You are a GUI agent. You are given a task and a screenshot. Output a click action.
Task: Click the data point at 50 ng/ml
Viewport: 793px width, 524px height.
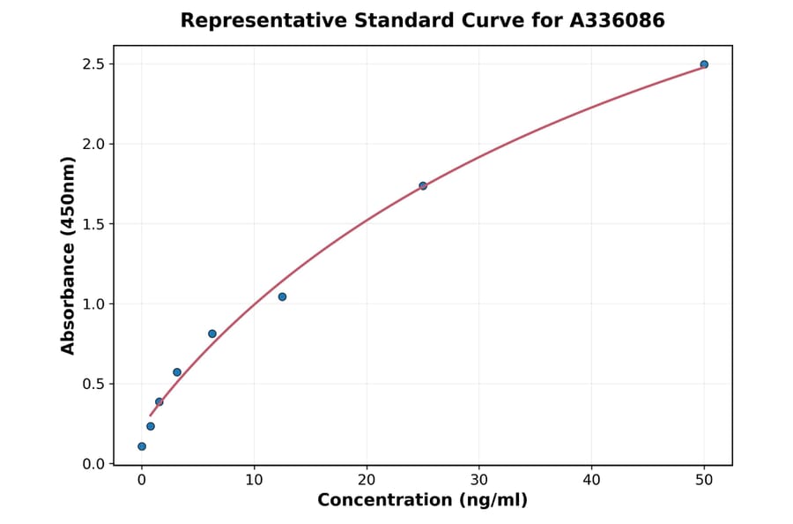pos(704,64)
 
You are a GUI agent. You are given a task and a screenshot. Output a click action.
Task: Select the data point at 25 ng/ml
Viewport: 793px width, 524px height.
pos(423,186)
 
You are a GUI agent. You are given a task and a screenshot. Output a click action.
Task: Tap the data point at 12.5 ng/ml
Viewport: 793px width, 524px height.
pos(282,296)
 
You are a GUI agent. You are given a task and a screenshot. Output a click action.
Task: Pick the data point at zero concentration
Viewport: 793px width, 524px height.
pos(142,446)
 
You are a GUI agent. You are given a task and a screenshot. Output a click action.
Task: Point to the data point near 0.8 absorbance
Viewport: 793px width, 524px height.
pos(212,333)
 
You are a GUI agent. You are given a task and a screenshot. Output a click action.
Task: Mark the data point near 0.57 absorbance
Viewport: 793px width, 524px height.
pos(177,372)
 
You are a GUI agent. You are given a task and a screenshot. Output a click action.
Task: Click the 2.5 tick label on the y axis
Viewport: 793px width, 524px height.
pos(93,64)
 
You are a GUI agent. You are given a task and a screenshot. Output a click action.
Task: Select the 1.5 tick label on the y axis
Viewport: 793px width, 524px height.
pos(93,224)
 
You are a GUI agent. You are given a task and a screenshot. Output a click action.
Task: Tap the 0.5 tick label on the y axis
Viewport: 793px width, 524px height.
pos(93,385)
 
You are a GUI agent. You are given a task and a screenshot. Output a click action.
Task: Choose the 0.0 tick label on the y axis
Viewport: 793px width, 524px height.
pos(93,464)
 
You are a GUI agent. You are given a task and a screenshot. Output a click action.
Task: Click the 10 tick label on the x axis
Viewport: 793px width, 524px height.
pos(254,480)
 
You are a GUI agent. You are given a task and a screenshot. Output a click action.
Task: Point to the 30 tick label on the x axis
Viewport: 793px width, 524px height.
pos(479,480)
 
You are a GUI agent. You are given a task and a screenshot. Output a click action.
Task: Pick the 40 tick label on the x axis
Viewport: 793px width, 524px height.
pos(591,480)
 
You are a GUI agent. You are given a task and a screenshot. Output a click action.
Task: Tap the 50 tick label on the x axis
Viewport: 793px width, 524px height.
pos(704,480)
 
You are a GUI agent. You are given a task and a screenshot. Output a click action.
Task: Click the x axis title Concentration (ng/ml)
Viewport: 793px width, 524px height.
pos(422,501)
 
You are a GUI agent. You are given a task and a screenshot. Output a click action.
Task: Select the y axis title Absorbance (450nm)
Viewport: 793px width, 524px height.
pos(69,255)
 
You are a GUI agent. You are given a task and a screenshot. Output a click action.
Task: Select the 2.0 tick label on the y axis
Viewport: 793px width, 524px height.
pos(93,144)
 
